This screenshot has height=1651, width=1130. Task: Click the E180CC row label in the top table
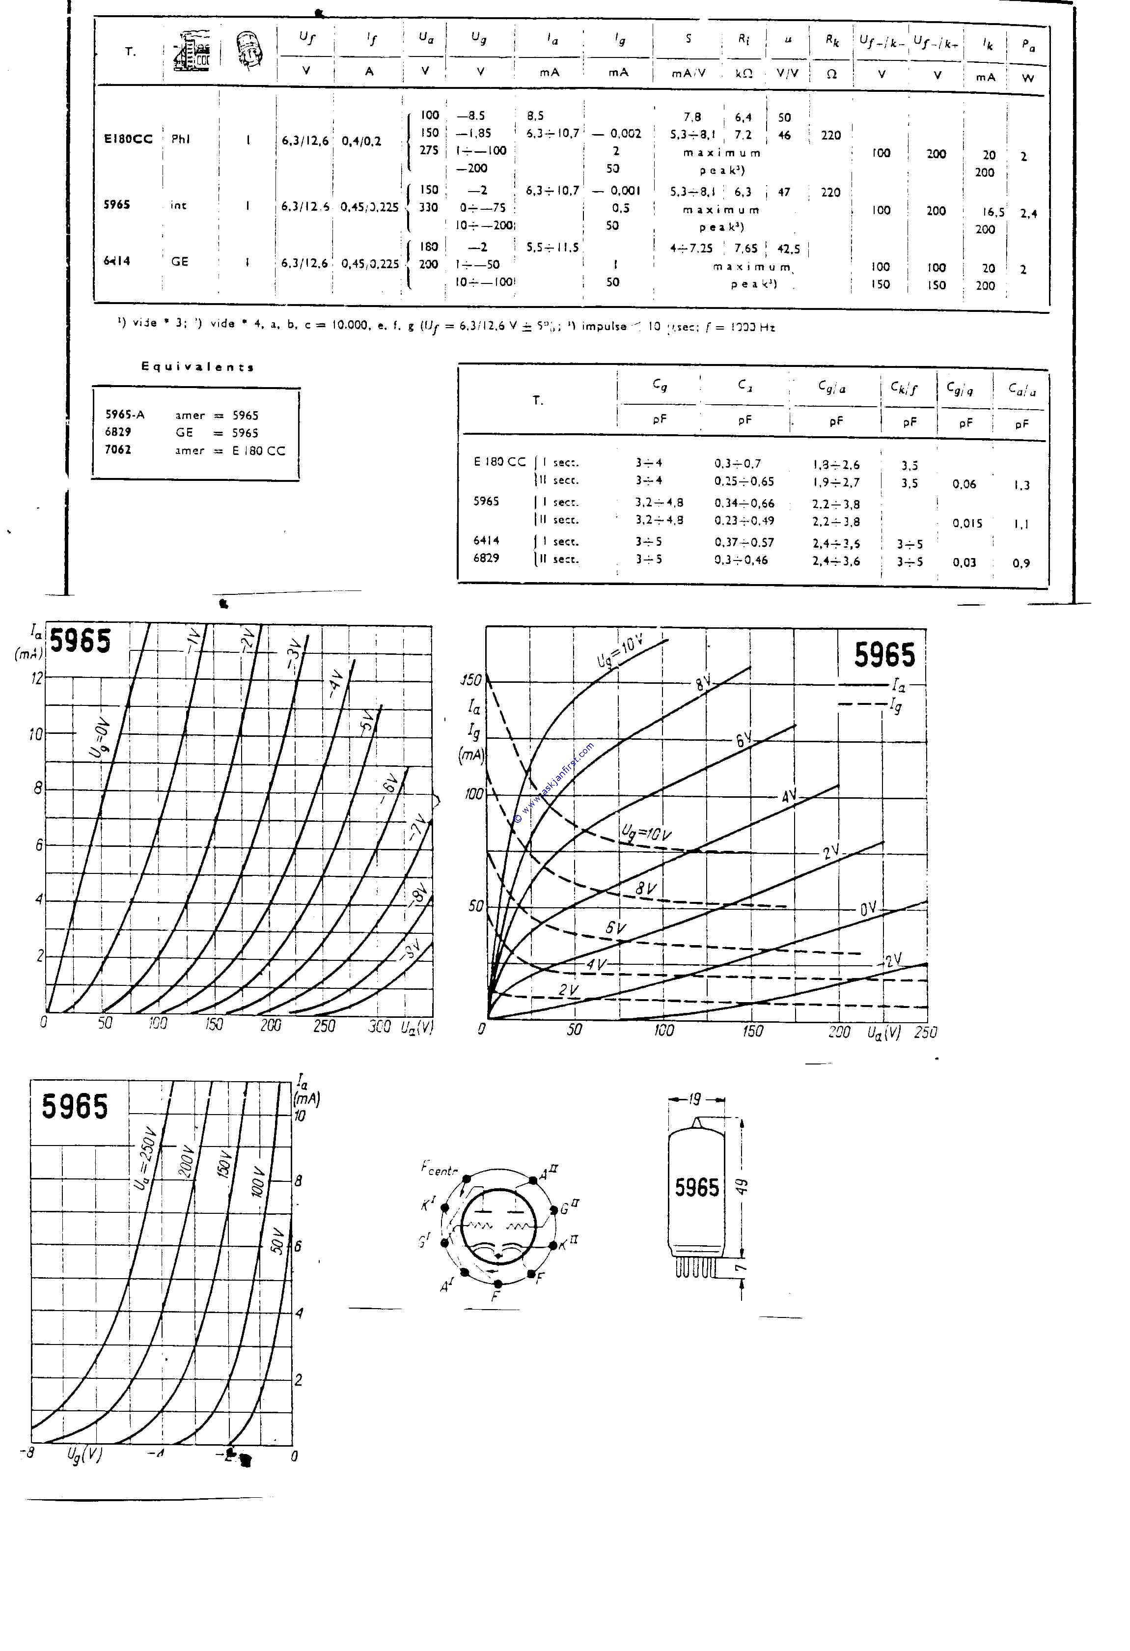point(128,139)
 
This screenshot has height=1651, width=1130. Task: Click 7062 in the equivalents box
point(118,449)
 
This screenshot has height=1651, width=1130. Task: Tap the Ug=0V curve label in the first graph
point(102,739)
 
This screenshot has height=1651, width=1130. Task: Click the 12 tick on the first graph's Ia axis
point(36,678)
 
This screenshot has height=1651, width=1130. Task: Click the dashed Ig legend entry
point(870,705)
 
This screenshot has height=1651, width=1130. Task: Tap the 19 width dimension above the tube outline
point(694,1099)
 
